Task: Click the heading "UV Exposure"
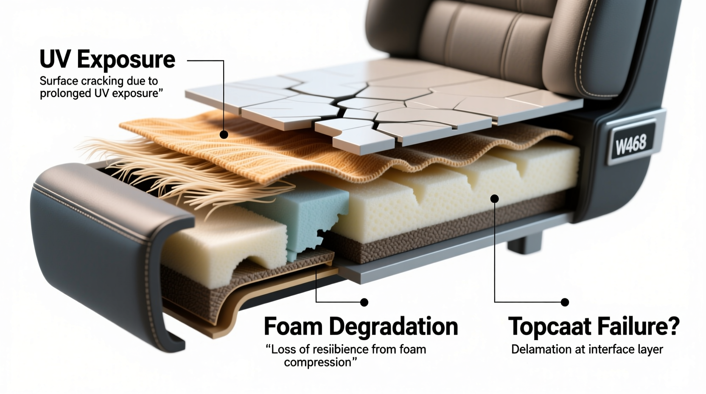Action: tap(107, 59)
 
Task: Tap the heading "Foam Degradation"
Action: tap(361, 327)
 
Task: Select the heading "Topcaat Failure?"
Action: tap(594, 327)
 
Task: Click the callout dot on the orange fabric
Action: tap(224, 135)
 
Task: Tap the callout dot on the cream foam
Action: tap(494, 198)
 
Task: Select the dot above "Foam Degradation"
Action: tap(364, 302)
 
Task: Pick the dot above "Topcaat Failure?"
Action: tap(565, 302)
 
